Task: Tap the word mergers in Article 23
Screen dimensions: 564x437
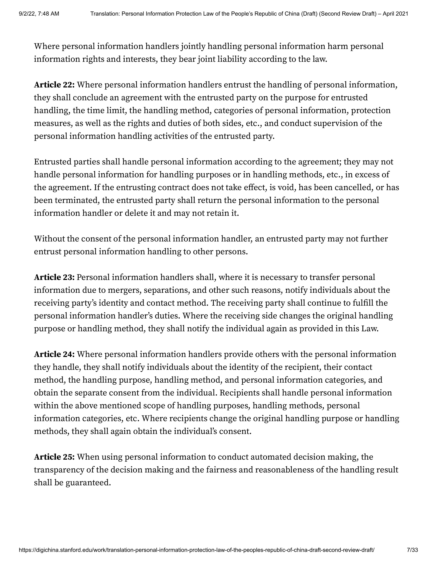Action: (124, 290)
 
